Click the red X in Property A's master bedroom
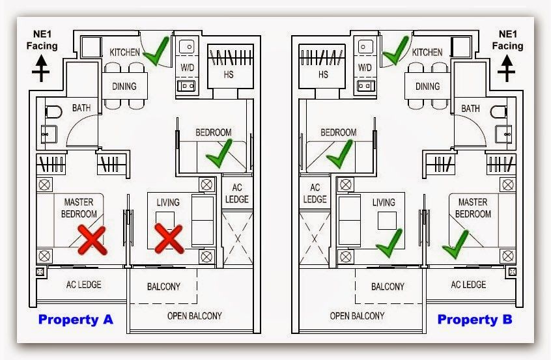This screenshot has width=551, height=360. point(92,240)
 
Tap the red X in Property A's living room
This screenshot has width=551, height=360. point(169,239)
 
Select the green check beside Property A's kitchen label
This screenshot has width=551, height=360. point(156,51)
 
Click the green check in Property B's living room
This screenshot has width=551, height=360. point(389,243)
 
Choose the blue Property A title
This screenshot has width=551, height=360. point(76,320)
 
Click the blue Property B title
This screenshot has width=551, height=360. point(475,320)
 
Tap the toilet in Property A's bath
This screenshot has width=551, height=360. point(53,112)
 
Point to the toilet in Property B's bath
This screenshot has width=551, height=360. point(498,112)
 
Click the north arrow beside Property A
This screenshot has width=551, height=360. point(41,68)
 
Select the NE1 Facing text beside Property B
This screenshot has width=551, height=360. point(507,40)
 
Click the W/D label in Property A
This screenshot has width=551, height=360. point(188,67)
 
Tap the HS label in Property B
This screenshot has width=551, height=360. point(323,74)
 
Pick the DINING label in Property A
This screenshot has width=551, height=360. point(124,86)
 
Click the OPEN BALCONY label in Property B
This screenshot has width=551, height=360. point(357,316)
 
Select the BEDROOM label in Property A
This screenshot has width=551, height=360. point(214,132)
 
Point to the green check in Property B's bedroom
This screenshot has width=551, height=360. point(339,154)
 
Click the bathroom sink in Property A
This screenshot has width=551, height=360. point(49,134)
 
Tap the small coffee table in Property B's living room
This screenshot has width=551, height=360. point(387,221)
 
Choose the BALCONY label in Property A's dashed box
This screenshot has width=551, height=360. point(163,286)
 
